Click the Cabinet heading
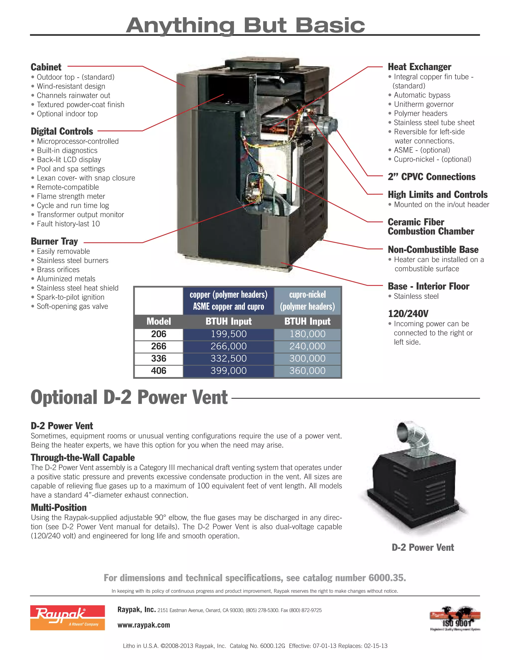click(x=46, y=67)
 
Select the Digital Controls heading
click(x=62, y=132)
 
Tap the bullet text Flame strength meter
click(x=71, y=197)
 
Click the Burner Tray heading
click(x=54, y=241)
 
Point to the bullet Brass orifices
click(x=58, y=269)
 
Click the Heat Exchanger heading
click(x=419, y=67)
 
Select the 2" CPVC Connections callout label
click(x=432, y=177)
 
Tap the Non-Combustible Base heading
click(x=433, y=250)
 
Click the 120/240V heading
click(x=408, y=314)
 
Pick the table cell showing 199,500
click(x=228, y=334)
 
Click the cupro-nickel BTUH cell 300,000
click(x=307, y=359)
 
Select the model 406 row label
click(x=159, y=371)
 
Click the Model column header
click(x=159, y=321)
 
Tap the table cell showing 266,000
click(x=228, y=346)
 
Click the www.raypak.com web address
click(x=144, y=625)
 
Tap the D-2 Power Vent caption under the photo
click(x=423, y=547)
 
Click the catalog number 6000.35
click(x=387, y=578)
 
